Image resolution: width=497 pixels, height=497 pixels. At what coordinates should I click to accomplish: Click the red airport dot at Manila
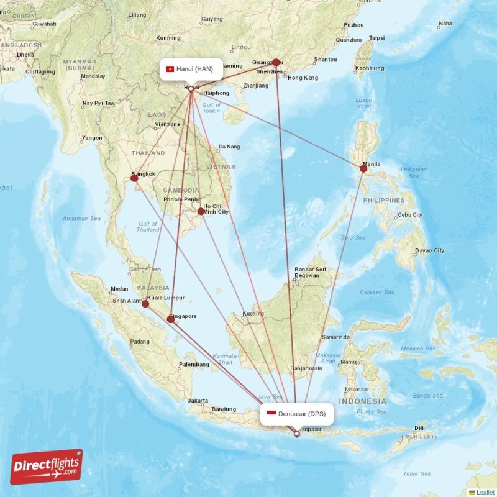[363, 168]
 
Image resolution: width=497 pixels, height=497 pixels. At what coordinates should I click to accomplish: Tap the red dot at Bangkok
[134, 178]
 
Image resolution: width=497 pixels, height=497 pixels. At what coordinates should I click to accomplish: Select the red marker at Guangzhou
[276, 62]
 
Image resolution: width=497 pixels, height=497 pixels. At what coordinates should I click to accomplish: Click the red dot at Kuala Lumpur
[145, 304]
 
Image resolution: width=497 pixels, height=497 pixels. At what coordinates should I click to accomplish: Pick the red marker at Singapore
[171, 319]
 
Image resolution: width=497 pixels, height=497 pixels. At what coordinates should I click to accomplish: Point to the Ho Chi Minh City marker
[201, 211]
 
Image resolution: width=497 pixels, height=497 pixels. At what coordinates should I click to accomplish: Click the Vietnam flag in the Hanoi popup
[170, 69]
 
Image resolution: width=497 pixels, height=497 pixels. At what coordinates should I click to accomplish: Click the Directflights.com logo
[47, 467]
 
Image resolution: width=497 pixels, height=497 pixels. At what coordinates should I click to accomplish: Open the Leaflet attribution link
[485, 492]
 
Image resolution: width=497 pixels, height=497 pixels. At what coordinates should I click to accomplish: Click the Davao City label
[430, 251]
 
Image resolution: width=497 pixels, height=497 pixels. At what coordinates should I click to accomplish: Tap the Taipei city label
[377, 38]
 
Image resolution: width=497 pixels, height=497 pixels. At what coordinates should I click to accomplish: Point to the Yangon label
[92, 138]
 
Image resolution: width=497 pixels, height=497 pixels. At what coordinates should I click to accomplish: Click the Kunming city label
[168, 38]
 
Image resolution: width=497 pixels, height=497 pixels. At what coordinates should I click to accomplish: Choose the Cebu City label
[410, 215]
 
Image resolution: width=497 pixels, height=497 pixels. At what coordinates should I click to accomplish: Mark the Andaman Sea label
[81, 219]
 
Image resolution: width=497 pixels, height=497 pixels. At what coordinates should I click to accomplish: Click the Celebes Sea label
[377, 292]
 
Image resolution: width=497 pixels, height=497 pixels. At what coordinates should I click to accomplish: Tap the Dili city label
[419, 427]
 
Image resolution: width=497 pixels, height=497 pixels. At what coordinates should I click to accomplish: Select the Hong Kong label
[303, 78]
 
